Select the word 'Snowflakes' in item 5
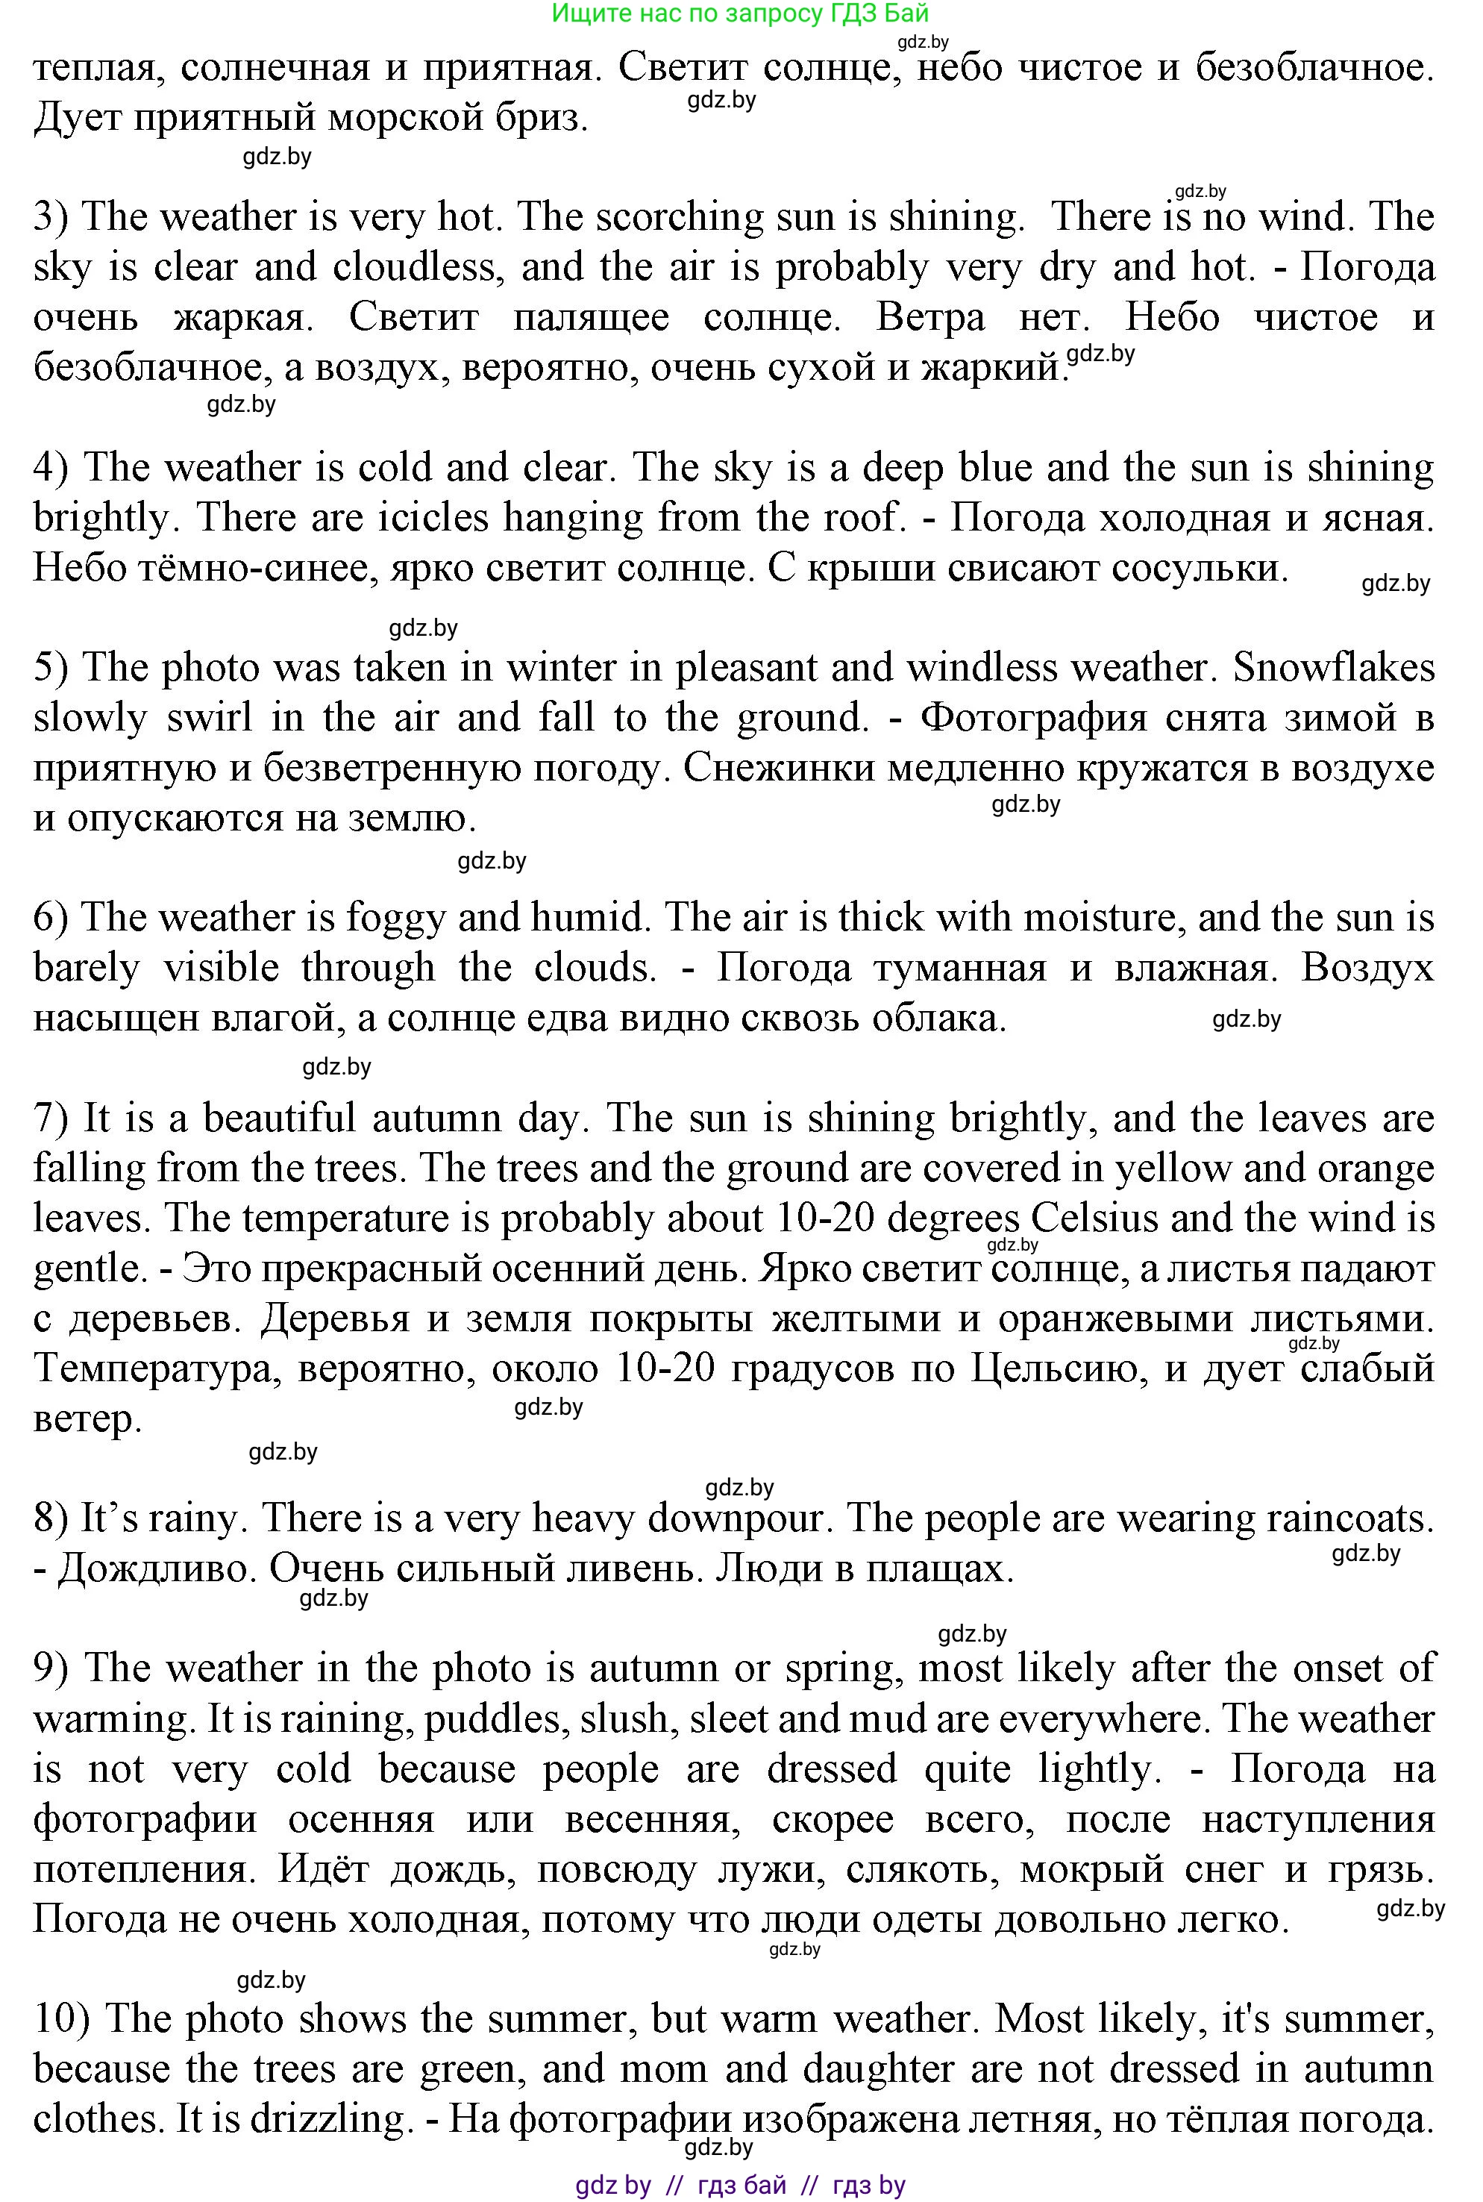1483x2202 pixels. pyautogui.click(x=1334, y=669)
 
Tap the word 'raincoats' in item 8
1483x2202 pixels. pyautogui.click(x=1348, y=1518)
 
